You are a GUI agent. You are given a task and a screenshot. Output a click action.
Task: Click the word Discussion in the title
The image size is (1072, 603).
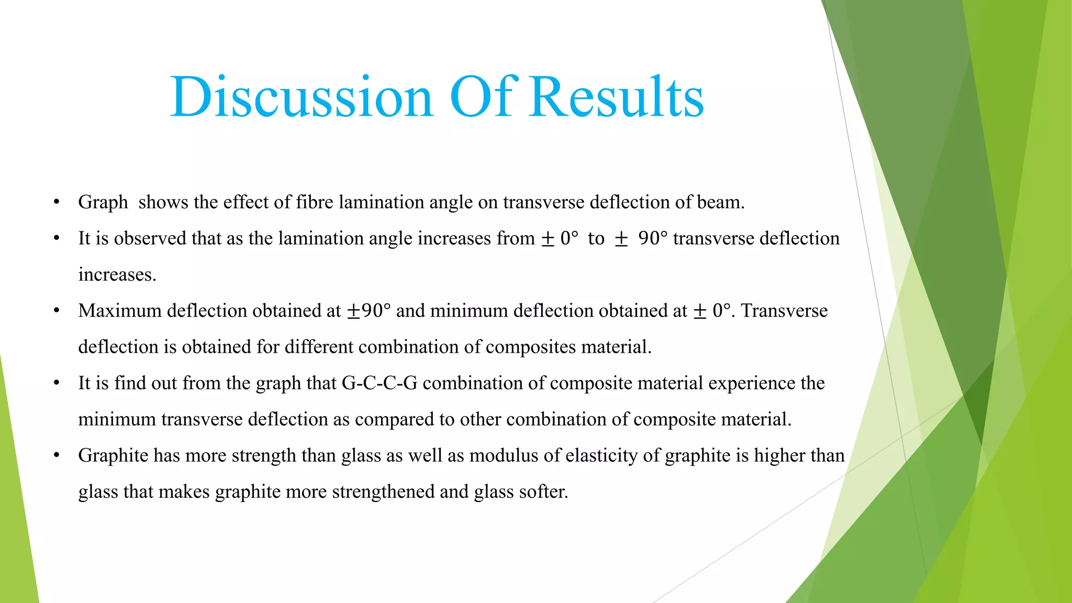(301, 97)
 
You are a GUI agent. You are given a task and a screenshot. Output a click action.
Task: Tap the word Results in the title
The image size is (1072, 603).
(616, 97)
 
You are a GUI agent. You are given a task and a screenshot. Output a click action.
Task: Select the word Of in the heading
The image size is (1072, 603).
(483, 97)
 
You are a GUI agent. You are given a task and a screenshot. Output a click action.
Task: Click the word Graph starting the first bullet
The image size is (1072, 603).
(103, 203)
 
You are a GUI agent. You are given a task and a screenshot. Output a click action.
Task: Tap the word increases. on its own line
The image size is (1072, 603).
(117, 275)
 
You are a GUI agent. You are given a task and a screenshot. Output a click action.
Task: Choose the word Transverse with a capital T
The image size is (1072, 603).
(784, 311)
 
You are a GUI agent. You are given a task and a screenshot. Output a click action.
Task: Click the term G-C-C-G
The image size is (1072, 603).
(379, 383)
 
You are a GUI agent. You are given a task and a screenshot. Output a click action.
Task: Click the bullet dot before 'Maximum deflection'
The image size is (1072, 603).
(57, 311)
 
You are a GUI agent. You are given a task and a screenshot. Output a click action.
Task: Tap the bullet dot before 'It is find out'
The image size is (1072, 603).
(57, 383)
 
